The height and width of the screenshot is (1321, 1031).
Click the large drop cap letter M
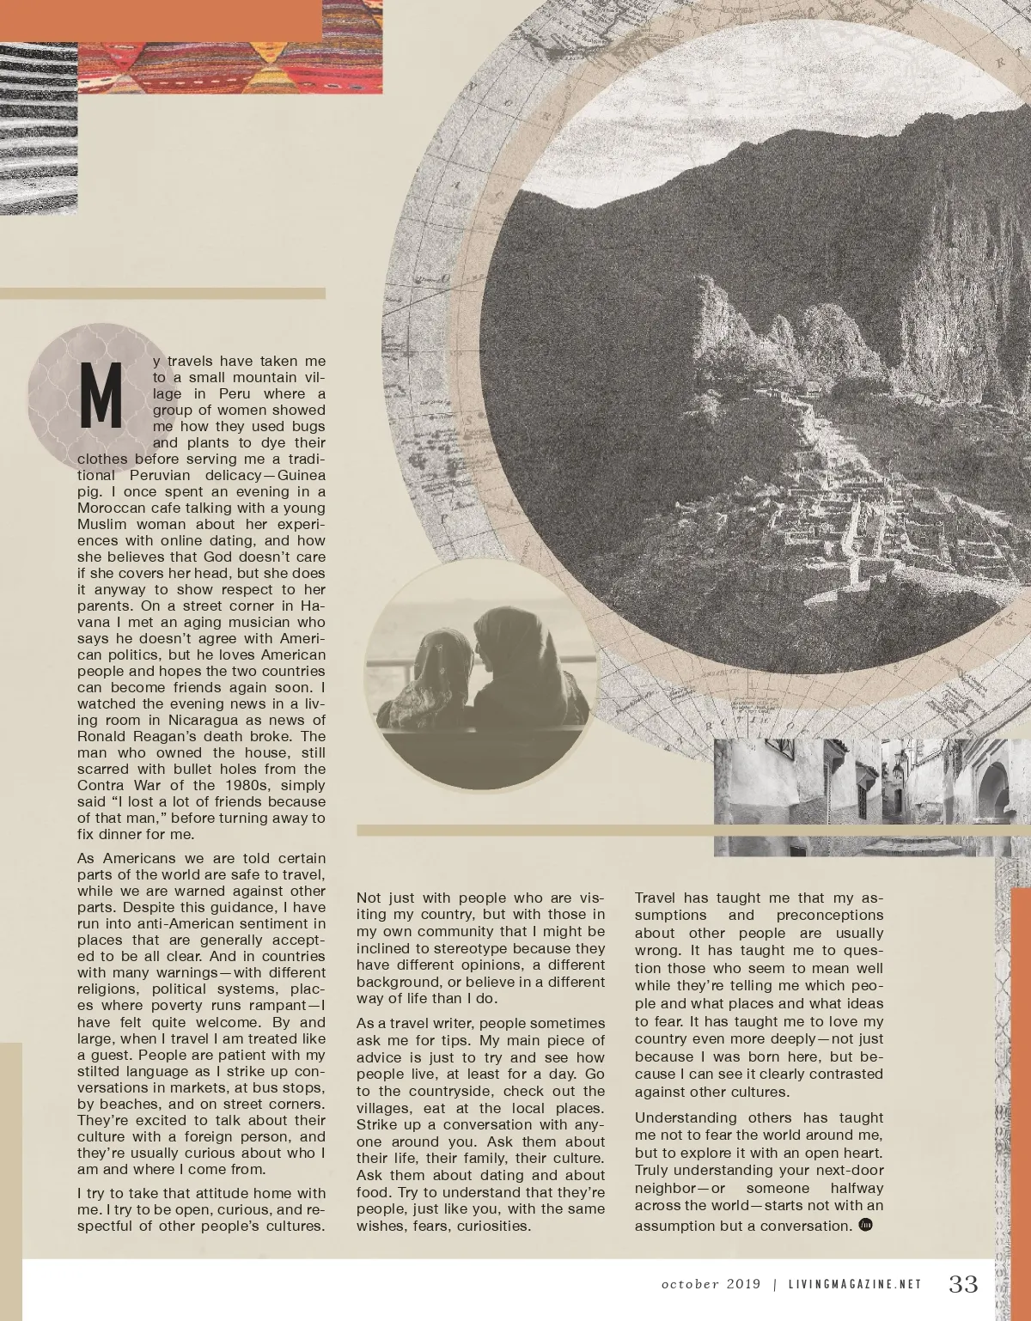(x=101, y=396)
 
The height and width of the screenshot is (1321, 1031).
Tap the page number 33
(x=963, y=1284)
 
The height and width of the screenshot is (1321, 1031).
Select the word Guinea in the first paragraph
(x=302, y=476)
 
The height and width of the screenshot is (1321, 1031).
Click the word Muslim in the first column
(x=101, y=525)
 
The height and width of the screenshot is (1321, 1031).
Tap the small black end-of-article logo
(x=865, y=1225)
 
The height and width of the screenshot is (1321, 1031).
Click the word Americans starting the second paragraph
(x=139, y=859)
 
